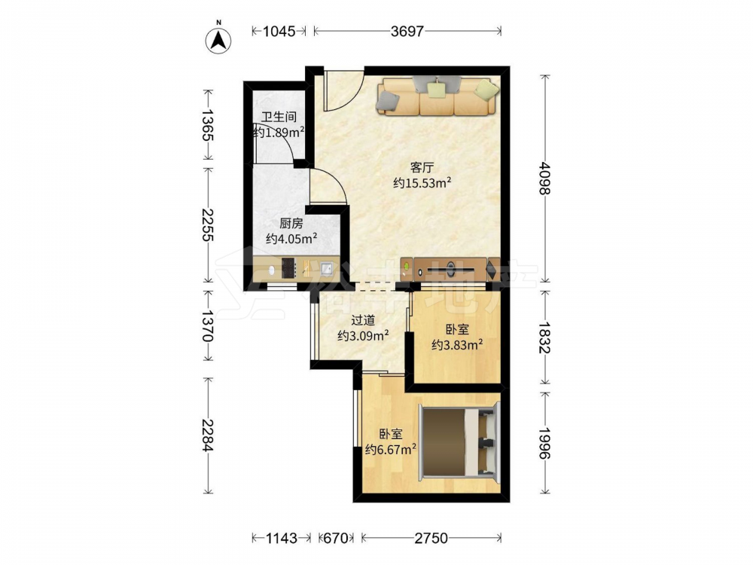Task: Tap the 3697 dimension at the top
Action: tap(407, 31)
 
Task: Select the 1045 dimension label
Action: tap(279, 31)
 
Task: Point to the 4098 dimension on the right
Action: tap(544, 178)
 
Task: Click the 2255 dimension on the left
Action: tap(208, 224)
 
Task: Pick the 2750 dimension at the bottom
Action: tap(431, 538)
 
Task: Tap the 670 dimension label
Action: tap(336, 538)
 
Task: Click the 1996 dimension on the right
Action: tap(544, 441)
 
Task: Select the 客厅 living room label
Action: tap(422, 167)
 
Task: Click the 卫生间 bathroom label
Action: tap(279, 117)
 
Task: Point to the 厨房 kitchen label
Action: tap(291, 224)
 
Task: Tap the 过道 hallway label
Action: tap(363, 320)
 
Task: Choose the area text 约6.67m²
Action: tap(390, 449)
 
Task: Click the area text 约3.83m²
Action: tap(457, 344)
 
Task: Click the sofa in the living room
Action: tap(438, 96)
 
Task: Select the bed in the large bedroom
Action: tap(459, 442)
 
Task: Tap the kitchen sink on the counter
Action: tap(328, 268)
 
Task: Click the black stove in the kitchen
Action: tap(288, 268)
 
